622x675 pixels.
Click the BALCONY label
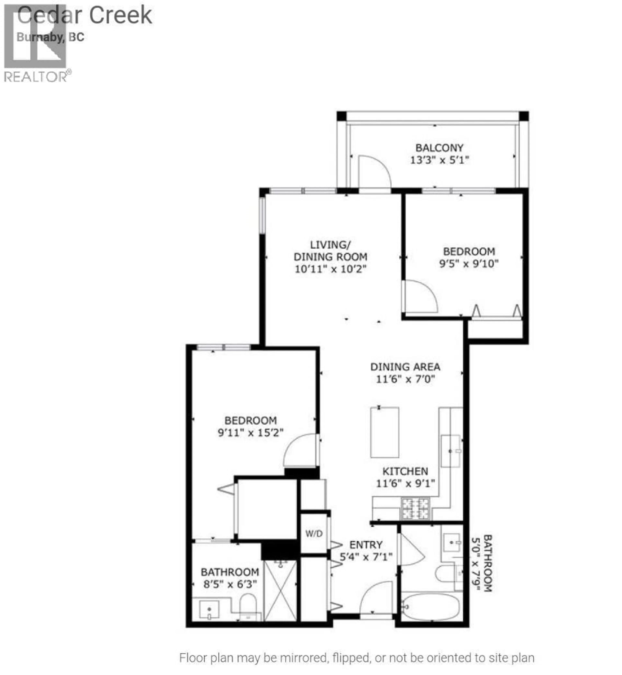click(x=439, y=148)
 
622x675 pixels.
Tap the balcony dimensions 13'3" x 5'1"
click(x=439, y=160)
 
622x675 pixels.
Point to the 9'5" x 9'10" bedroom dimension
click(x=469, y=264)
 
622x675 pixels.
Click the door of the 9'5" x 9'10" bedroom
click(x=420, y=296)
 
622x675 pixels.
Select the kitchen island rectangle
click(x=385, y=433)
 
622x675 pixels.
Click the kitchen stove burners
click(x=415, y=509)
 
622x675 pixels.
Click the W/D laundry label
click(x=314, y=534)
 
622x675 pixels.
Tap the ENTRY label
click(x=366, y=545)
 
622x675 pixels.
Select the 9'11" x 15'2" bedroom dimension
click(x=250, y=433)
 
